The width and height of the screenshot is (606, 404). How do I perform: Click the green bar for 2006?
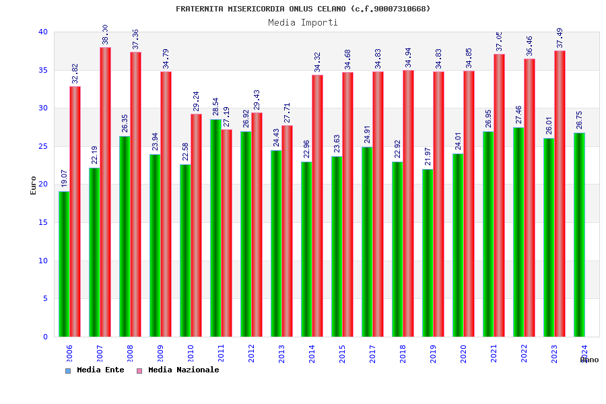pyautogui.click(x=64, y=264)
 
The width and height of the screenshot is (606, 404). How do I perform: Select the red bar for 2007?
pyautogui.click(x=105, y=192)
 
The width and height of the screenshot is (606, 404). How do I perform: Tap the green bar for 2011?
pyautogui.click(x=215, y=228)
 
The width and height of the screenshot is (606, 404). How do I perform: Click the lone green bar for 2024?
pyautogui.click(x=579, y=234)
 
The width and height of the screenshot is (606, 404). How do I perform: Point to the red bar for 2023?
pyautogui.click(x=560, y=193)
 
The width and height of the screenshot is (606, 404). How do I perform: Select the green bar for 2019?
pyautogui.click(x=428, y=252)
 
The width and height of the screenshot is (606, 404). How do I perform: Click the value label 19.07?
pyautogui.click(x=65, y=178)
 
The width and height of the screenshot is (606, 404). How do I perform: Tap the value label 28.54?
pyautogui.click(x=216, y=107)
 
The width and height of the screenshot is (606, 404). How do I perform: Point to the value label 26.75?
pyautogui.click(x=580, y=120)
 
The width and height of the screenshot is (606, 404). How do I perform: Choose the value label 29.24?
pyautogui.click(x=197, y=101)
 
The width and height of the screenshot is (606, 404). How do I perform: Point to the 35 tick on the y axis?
pyautogui.click(x=43, y=70)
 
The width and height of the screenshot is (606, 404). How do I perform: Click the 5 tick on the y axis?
pyautogui.click(x=45, y=298)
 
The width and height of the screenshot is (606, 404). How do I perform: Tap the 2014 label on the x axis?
pyautogui.click(x=312, y=353)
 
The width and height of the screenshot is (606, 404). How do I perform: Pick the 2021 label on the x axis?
pyautogui.click(x=494, y=353)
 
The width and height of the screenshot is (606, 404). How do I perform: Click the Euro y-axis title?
pyautogui.click(x=34, y=185)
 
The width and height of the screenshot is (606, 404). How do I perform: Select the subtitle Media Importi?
pyautogui.click(x=303, y=22)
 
